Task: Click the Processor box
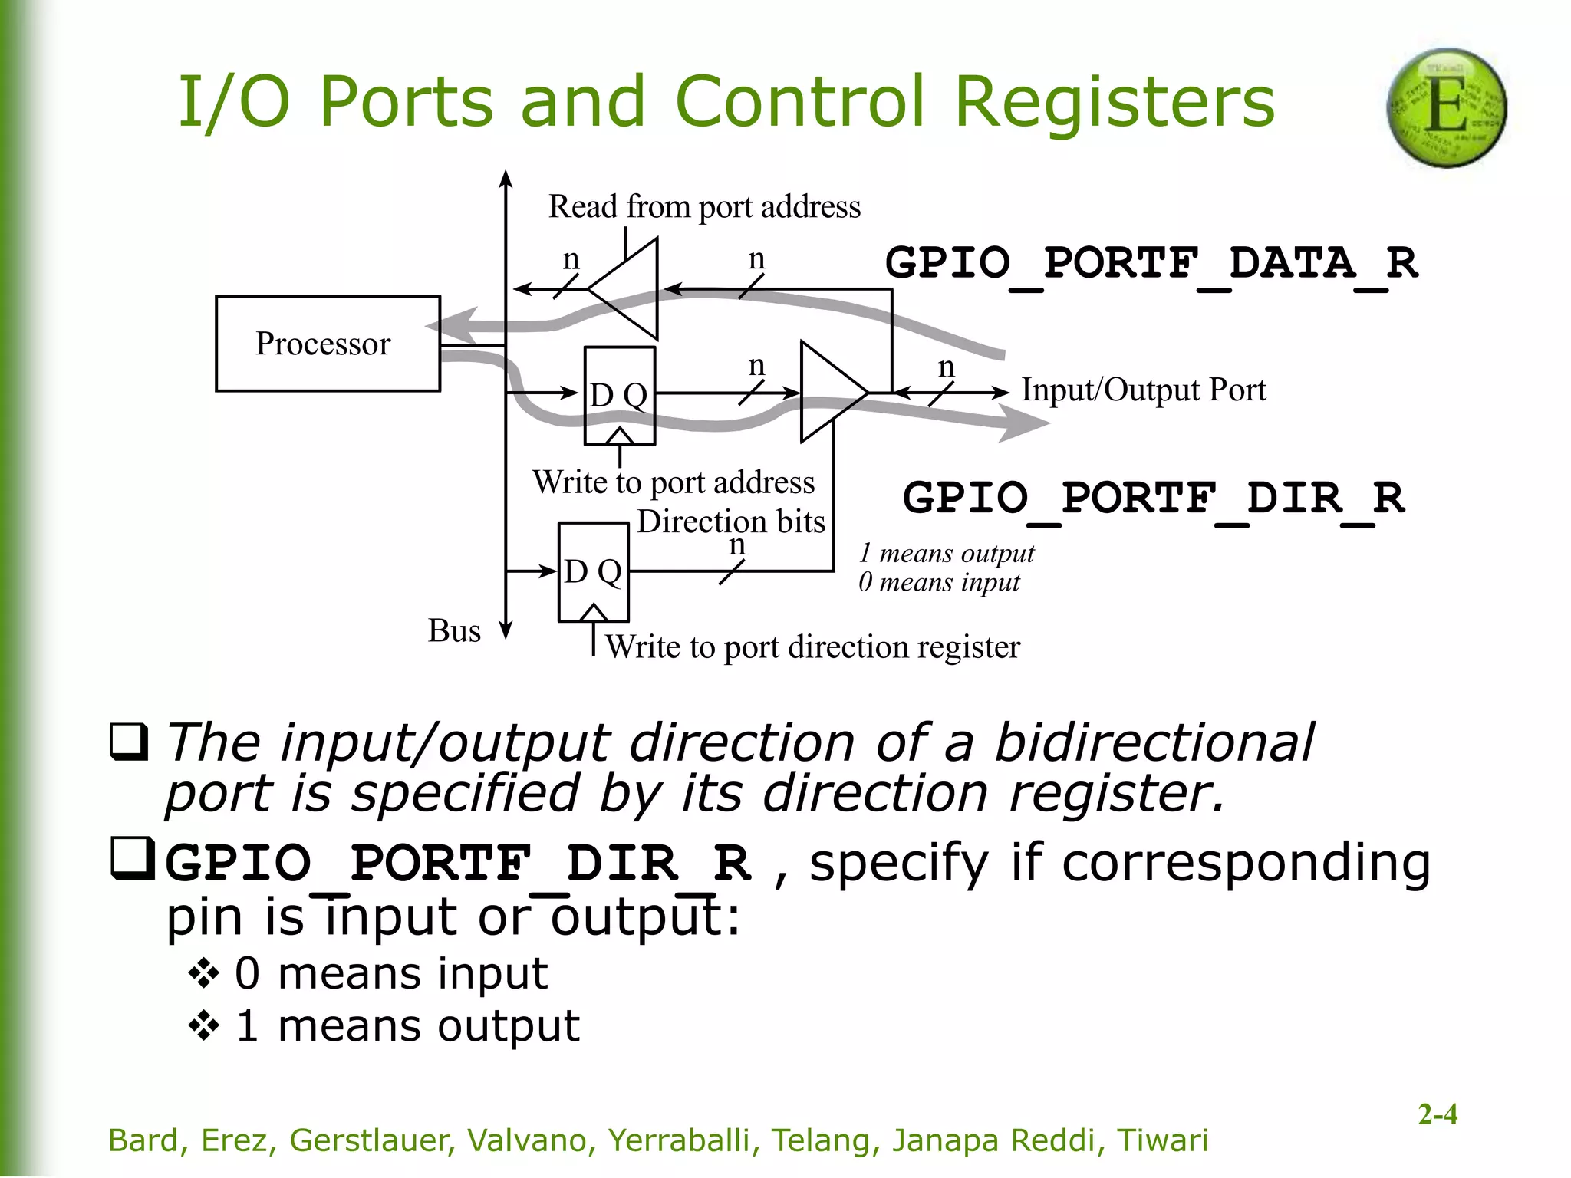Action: [x=328, y=344]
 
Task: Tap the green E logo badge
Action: [x=1446, y=107]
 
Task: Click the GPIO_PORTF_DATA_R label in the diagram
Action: [x=1151, y=263]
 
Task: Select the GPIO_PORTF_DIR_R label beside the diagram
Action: [x=1153, y=499]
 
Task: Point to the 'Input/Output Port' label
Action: [x=1143, y=390]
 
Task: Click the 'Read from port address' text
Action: [x=704, y=207]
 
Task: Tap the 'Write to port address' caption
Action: [x=674, y=482]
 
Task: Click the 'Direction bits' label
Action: [x=730, y=522]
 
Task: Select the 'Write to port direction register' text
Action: [x=812, y=647]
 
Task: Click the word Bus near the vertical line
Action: [x=454, y=630]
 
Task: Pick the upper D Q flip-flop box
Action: [x=619, y=396]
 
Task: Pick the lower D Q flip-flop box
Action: [x=593, y=572]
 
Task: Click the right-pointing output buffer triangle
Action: [x=830, y=392]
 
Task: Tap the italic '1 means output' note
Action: [x=946, y=553]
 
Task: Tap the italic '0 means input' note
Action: [x=939, y=582]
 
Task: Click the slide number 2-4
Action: [x=1437, y=1114]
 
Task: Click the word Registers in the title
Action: [x=1114, y=101]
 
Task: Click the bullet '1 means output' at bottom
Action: [x=407, y=1025]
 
